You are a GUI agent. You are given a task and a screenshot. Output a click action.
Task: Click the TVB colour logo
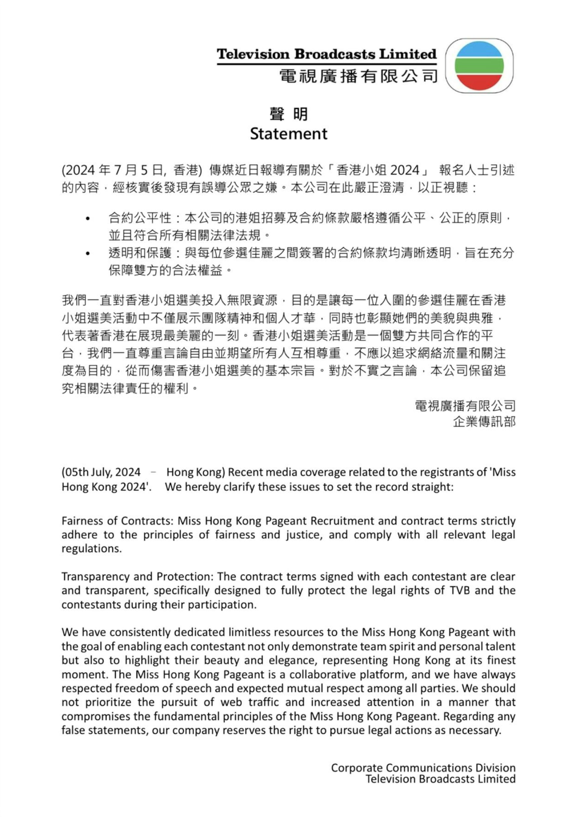[479, 66]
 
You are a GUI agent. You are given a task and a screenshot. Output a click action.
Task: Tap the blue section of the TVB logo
[479, 50]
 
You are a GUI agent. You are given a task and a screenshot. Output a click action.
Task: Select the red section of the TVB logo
[479, 82]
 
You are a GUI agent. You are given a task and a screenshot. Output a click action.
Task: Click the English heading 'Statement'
[288, 133]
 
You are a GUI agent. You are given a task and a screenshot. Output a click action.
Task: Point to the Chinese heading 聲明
[288, 114]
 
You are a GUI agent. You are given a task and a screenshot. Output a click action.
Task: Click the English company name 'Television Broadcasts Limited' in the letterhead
[326, 54]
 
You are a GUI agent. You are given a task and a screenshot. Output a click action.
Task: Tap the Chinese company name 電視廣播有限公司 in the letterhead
[359, 76]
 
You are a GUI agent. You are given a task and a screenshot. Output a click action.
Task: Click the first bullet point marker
[87, 219]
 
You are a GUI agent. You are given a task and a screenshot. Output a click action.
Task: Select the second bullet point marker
[87, 253]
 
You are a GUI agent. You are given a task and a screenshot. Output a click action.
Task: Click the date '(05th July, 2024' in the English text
[101, 472]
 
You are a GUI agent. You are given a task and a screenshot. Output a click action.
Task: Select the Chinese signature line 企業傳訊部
[484, 421]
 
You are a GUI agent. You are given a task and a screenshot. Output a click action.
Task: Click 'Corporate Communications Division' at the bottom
[423, 768]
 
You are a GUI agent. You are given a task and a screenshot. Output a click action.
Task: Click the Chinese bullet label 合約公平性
[140, 218]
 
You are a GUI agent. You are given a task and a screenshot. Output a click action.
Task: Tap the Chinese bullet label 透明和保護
[140, 253]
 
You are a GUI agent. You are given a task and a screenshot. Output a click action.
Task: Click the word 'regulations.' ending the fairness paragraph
[91, 549]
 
